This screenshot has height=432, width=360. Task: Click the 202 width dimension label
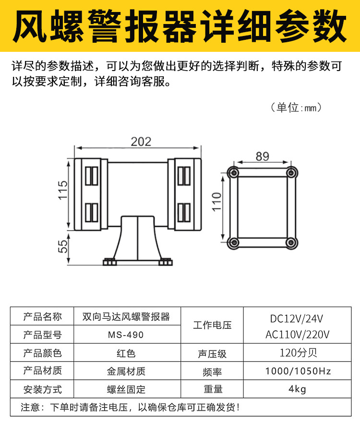coord(141,141)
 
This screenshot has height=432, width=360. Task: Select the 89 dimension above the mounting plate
coord(262,156)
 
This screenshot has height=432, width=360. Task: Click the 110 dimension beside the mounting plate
coord(216,203)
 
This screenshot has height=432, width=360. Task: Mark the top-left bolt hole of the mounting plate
coord(234,173)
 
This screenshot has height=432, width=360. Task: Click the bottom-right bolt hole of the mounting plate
coord(290,242)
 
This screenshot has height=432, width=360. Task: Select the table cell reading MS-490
coord(126,335)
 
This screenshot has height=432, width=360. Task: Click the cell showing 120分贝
coord(298,353)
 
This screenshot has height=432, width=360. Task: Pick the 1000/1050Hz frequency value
coord(298,371)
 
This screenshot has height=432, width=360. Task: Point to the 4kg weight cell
coord(297,389)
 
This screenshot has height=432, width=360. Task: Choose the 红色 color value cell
coord(126,353)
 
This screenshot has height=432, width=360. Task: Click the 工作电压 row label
coord(212,325)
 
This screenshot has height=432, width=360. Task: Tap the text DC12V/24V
coord(297,318)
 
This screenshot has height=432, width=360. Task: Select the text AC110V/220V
coord(297,334)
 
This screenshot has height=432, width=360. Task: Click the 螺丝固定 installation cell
coord(126,389)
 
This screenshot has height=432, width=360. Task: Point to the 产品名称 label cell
coord(43,317)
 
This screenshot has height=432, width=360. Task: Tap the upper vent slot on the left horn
coord(92,175)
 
